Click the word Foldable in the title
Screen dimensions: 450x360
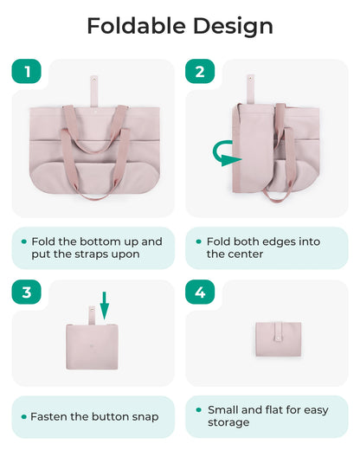(x=133, y=26)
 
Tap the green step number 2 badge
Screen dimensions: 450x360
(x=200, y=72)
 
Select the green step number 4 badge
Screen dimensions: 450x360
(x=200, y=292)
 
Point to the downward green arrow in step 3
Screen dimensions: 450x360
(x=105, y=305)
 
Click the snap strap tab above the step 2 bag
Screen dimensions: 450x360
(x=250, y=87)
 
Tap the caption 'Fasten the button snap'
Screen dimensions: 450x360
(x=94, y=416)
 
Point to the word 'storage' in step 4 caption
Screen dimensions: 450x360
(x=228, y=422)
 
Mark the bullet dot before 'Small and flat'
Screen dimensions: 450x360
(x=198, y=409)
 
